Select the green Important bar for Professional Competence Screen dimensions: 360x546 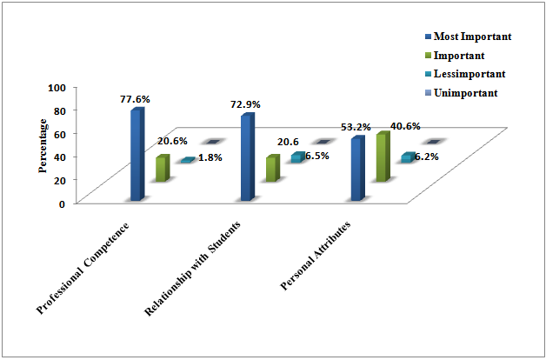click(161, 169)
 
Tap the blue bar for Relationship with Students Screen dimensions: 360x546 click(247, 157)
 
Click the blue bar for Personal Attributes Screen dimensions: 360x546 click(356, 169)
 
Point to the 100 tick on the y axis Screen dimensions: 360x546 click(58, 88)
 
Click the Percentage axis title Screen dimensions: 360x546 click(42, 141)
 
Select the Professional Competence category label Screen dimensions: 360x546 click(83, 268)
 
